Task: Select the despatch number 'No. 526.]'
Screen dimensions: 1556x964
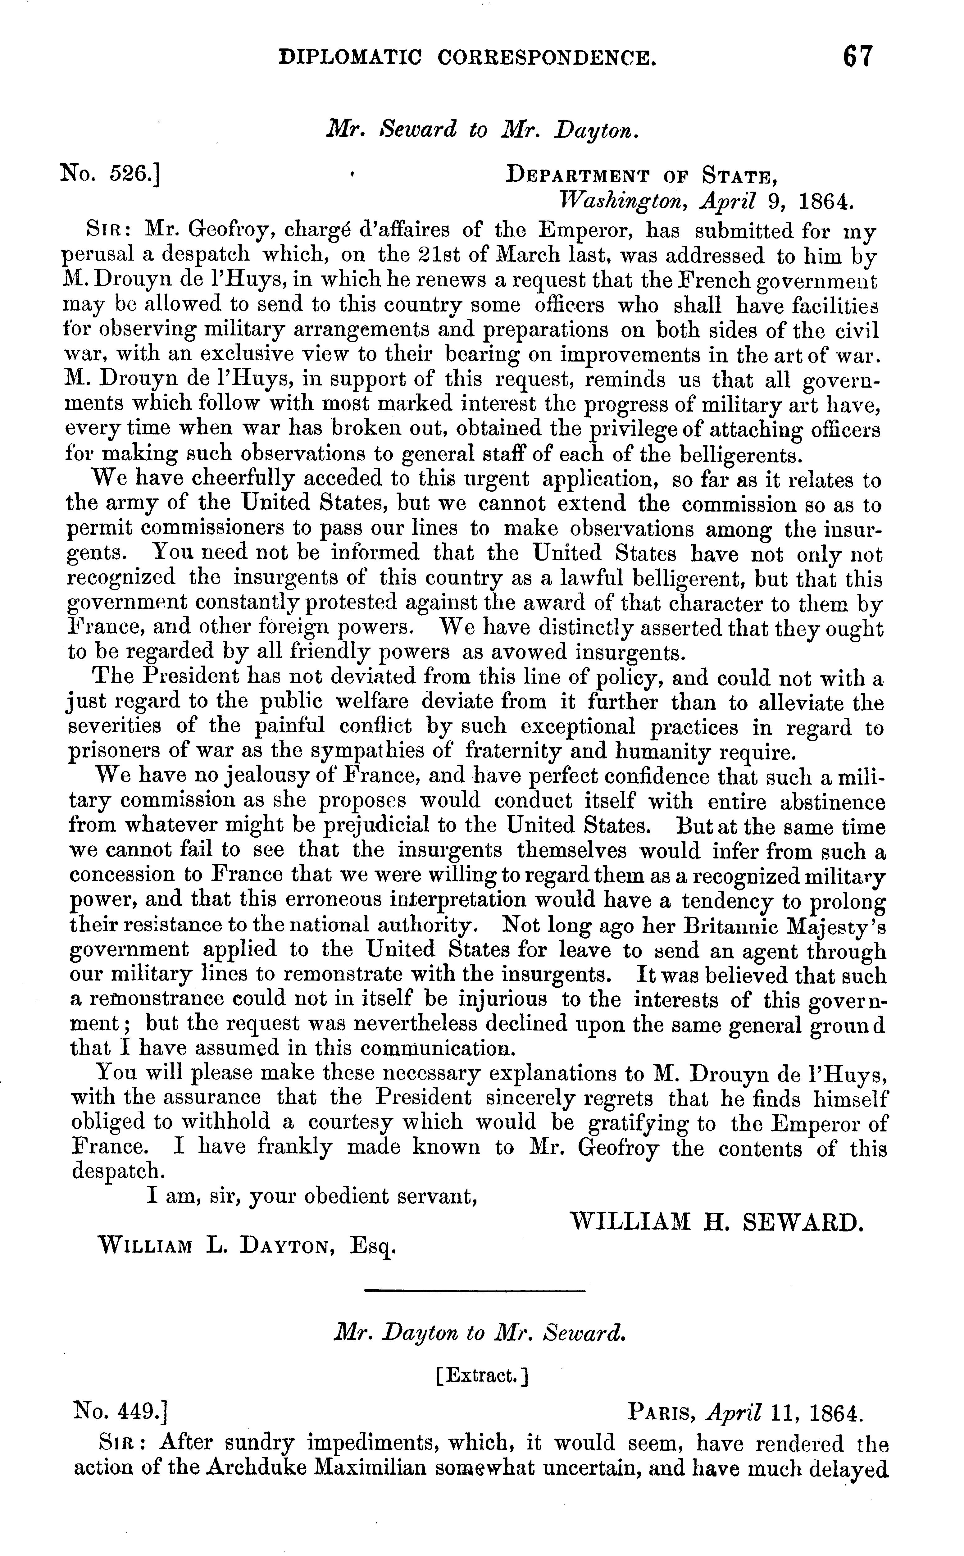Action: (x=110, y=172)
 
